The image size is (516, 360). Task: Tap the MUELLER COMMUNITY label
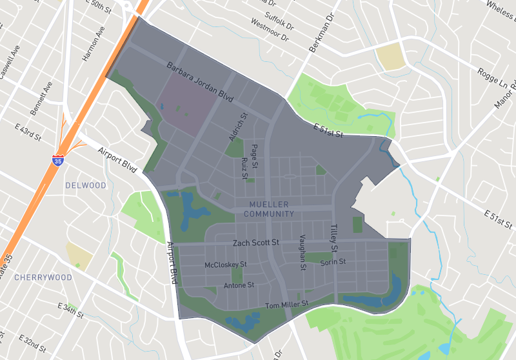click(270, 209)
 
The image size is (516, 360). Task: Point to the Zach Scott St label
click(255, 243)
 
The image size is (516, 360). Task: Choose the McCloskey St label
click(226, 265)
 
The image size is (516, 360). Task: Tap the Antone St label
click(239, 285)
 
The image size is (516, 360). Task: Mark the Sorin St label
click(333, 262)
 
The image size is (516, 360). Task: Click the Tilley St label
click(335, 238)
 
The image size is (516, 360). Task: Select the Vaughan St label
click(301, 252)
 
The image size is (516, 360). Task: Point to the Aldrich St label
click(238, 127)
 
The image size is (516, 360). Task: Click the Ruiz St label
click(244, 168)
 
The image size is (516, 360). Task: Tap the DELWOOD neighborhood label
click(86, 186)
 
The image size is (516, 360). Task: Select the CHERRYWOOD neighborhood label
click(43, 277)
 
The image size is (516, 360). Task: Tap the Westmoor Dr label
click(268, 30)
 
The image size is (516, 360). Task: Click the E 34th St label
click(71, 310)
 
